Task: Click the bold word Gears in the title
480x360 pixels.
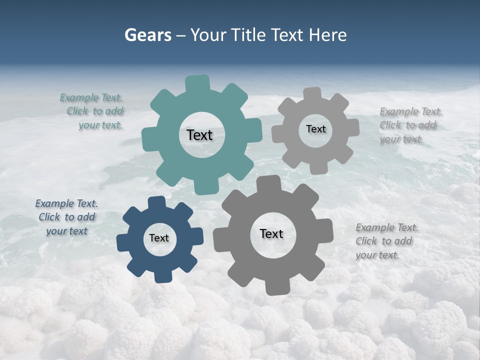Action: tap(147, 35)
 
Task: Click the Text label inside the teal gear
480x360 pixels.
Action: tap(199, 135)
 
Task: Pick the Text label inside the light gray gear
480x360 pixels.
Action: tap(315, 129)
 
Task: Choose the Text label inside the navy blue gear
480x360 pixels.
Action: tap(159, 238)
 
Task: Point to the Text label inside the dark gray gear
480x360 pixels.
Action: tap(271, 233)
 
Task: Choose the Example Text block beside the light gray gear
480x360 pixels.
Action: tap(410, 125)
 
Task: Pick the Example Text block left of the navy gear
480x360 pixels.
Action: tap(66, 217)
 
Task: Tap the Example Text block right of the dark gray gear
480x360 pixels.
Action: tap(386, 241)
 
